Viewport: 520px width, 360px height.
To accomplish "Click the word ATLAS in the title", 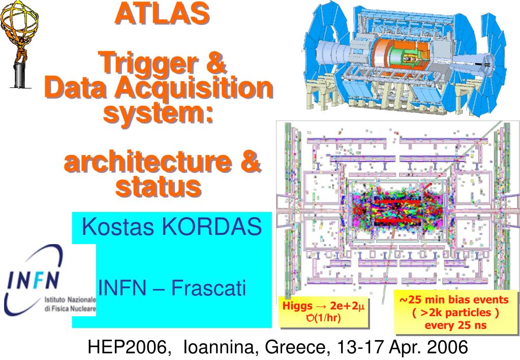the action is click(162, 13).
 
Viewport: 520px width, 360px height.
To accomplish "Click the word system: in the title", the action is click(158, 113).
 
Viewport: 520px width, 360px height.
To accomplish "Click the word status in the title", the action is click(159, 187).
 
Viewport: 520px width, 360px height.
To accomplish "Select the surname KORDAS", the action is click(212, 227).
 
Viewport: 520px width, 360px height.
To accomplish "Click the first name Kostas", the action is click(118, 227).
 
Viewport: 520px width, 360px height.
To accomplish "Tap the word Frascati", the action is click(208, 288).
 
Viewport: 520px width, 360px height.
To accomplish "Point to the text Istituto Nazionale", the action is click(70, 300).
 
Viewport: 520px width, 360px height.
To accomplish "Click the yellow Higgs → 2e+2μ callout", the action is click(324, 312).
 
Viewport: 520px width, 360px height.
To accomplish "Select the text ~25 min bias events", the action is click(454, 300).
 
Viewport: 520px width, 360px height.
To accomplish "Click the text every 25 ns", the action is click(455, 325).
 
